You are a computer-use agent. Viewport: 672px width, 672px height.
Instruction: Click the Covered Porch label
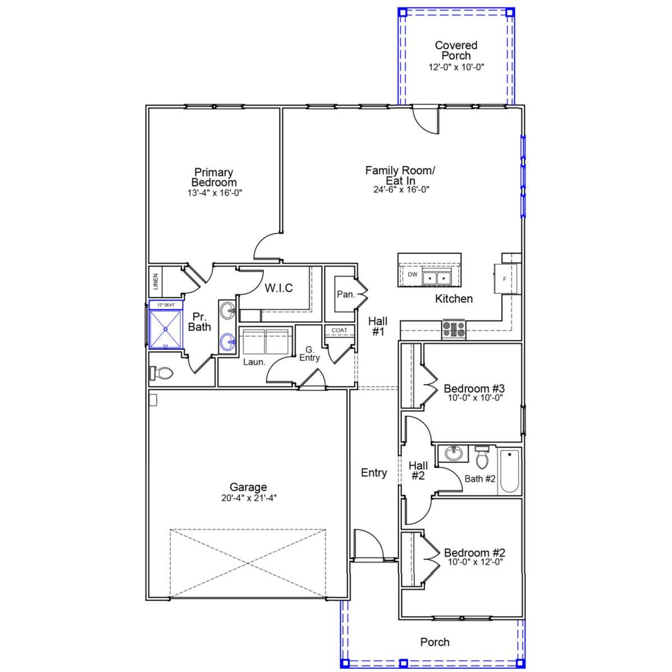(x=456, y=50)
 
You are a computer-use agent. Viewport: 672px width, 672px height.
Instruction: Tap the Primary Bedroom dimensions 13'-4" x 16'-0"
(x=214, y=193)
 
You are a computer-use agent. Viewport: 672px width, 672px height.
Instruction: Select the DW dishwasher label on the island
(x=413, y=275)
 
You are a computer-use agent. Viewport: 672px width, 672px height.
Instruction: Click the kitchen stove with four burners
(x=454, y=329)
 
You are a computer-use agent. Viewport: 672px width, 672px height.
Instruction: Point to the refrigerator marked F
(x=505, y=279)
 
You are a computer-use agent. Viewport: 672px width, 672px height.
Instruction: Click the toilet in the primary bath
(x=163, y=373)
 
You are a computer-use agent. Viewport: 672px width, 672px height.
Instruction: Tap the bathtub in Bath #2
(x=509, y=470)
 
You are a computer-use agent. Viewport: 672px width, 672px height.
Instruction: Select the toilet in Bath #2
(x=482, y=458)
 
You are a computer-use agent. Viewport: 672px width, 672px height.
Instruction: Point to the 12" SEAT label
(x=166, y=304)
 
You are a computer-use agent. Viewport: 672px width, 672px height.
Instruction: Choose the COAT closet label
(x=339, y=330)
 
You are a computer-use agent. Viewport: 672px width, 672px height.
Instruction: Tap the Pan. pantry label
(x=345, y=295)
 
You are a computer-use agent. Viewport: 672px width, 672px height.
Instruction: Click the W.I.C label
(x=278, y=288)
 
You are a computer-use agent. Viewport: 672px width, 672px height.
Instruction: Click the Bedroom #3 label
(x=474, y=388)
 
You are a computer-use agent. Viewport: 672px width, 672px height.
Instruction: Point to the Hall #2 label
(x=418, y=470)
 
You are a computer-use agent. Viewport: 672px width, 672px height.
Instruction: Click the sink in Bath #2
(x=452, y=453)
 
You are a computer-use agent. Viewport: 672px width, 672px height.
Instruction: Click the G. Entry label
(x=309, y=354)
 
